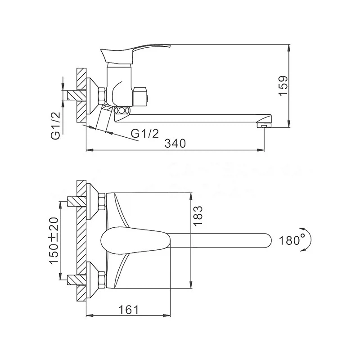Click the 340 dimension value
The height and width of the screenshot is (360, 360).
(x=175, y=144)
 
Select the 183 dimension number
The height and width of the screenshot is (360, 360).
(x=198, y=216)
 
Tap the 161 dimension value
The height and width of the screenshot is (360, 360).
(x=129, y=310)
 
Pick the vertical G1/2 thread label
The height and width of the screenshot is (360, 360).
(x=55, y=126)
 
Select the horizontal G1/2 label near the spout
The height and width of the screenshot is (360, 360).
(x=145, y=133)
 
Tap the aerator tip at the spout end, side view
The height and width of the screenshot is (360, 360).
(x=264, y=126)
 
